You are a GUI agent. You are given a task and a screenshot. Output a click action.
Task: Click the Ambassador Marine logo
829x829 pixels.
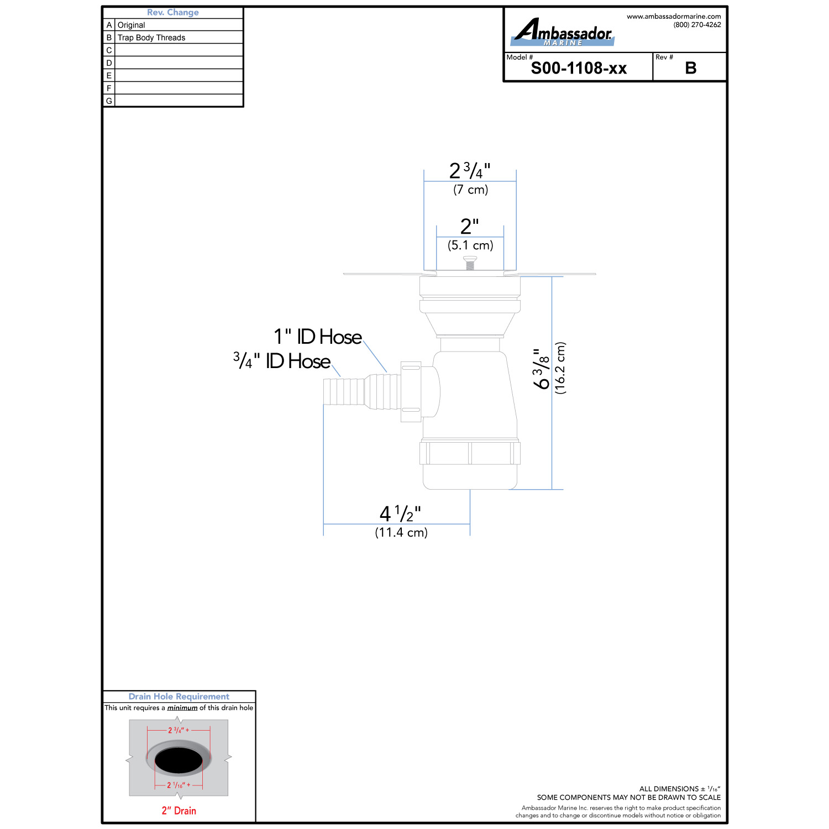click(562, 32)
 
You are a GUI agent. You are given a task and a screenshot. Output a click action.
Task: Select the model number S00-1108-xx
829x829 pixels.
click(579, 69)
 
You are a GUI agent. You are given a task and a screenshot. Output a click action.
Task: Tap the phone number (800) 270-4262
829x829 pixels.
click(697, 25)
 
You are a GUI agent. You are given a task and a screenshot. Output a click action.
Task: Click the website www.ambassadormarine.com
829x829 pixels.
click(674, 17)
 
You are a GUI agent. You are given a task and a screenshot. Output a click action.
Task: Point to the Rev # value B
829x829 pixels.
click(690, 69)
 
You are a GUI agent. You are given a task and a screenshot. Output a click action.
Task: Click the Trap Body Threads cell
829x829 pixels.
click(151, 38)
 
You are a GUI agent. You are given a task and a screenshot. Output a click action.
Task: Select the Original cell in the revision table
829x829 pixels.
click(131, 25)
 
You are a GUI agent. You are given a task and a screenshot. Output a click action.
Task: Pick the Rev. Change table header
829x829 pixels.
click(173, 12)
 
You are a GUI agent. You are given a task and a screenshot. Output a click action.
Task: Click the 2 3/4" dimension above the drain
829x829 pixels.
click(470, 170)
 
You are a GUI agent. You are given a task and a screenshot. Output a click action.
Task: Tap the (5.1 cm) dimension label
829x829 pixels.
click(470, 245)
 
